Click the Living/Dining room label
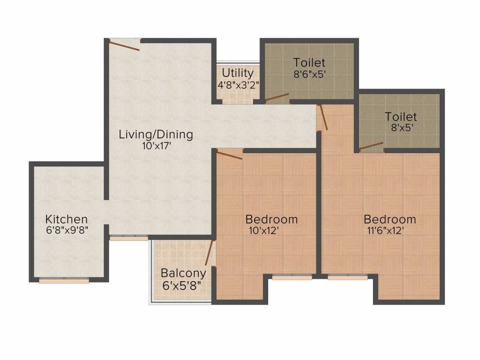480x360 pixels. coord(156,135)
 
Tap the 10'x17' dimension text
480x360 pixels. coord(156,146)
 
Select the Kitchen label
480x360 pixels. coord(67,219)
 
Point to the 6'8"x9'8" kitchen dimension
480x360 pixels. coord(67,230)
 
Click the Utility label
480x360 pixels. coord(238,73)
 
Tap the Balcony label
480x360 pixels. coord(183,273)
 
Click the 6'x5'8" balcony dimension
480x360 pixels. coord(181,285)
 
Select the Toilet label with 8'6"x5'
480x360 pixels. coord(309,63)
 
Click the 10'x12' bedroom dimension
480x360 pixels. coord(263,230)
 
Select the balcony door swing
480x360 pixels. coord(210,253)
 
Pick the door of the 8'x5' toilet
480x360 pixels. coord(371,146)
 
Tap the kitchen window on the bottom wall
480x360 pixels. coord(64,280)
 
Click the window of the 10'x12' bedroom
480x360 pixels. coord(292,277)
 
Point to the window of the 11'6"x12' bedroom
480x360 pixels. coord(348,277)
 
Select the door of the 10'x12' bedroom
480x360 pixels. coord(230,154)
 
